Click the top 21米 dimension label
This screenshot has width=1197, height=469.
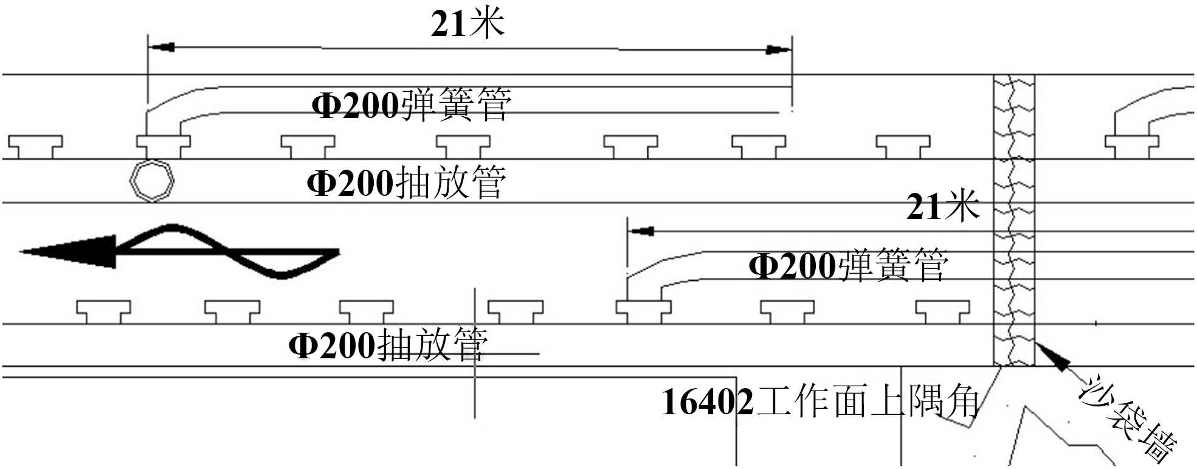467,24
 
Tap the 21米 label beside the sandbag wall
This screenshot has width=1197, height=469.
942,207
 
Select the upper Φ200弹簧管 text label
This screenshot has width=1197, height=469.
411,105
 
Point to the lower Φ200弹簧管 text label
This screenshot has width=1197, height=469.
848,266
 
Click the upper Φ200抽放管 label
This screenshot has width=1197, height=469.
406,182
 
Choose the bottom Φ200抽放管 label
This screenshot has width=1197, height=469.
388,346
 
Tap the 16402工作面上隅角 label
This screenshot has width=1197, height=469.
819,401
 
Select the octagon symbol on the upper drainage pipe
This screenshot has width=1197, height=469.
152,181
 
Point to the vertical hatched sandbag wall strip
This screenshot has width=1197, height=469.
1014,219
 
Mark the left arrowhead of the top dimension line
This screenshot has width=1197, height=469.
162,47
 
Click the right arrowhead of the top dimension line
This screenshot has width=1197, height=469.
778,49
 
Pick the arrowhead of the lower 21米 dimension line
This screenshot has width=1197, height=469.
641,231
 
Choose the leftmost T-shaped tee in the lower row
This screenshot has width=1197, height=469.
103,310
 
